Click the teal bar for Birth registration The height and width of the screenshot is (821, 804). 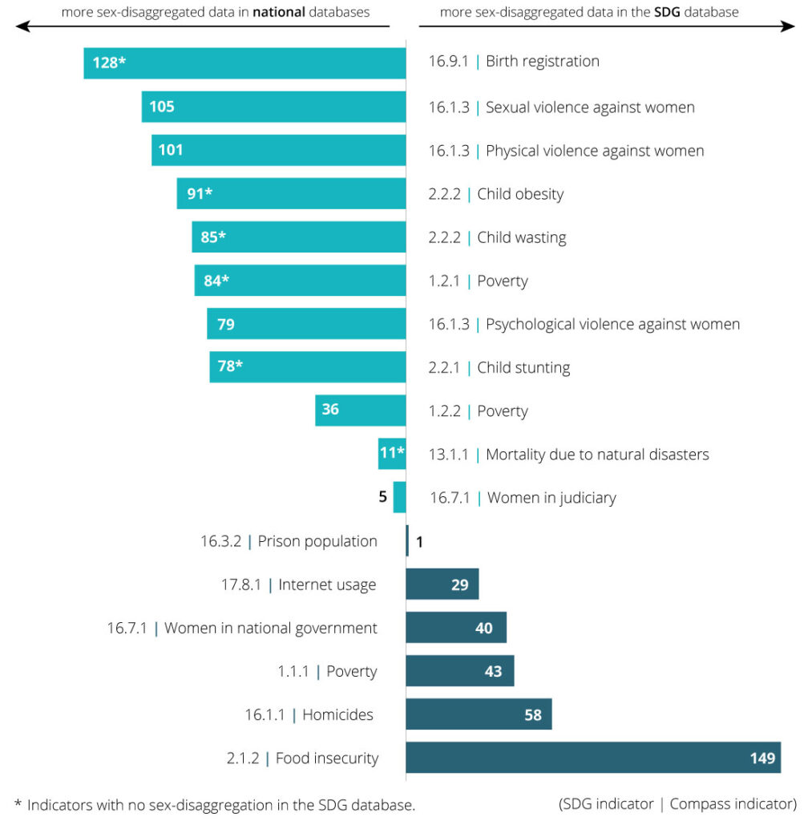click(244, 63)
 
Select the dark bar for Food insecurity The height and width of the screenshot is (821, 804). click(593, 758)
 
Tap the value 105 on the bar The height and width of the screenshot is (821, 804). click(162, 107)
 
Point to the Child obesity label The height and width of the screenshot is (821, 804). click(519, 194)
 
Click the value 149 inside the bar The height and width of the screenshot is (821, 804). click(762, 758)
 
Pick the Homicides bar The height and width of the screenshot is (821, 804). click(479, 714)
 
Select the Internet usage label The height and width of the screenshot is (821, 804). click(327, 584)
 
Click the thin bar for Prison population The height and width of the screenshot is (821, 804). click(407, 541)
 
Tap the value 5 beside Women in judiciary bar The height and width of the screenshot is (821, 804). click(383, 497)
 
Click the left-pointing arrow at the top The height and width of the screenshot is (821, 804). click(22, 26)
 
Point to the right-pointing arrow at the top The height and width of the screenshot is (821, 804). click(789, 26)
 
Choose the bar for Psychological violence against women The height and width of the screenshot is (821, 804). click(306, 324)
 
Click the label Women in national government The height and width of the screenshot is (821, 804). click(270, 628)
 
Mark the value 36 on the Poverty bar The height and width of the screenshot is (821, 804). click(330, 410)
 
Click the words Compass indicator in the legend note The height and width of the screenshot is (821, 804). click(732, 803)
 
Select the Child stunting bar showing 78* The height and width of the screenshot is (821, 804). click(308, 367)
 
